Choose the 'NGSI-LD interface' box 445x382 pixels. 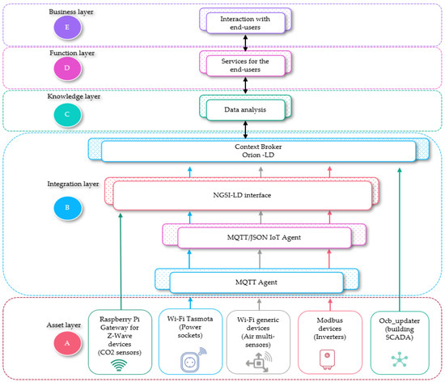[242, 195]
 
